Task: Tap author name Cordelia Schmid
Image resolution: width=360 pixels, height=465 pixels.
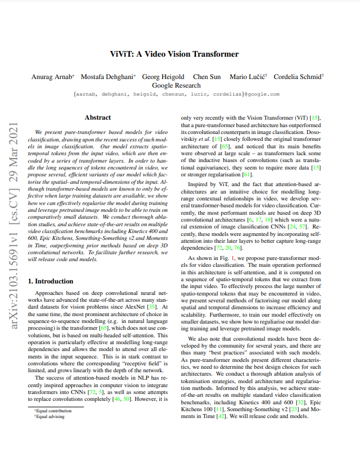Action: (298, 76)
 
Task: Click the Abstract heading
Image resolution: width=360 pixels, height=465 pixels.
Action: (97, 117)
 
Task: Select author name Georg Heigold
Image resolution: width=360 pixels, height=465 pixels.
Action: (163, 76)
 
